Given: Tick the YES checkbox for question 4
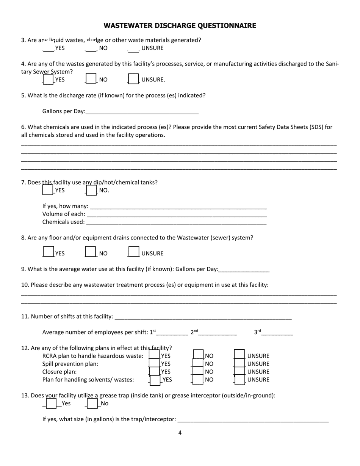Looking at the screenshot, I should click(48, 79).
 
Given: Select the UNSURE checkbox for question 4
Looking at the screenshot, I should click(133, 79).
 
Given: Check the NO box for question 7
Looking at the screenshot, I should click(91, 190).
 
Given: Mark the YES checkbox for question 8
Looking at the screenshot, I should click(48, 252).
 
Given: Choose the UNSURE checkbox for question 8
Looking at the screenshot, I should click(134, 252).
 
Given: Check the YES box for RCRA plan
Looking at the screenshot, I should click(154, 355).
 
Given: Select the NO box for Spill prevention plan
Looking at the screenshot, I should click(198, 363).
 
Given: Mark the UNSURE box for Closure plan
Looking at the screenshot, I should click(239, 371).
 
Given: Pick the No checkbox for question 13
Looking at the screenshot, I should click(92, 403).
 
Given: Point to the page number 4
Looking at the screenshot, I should click(180, 433).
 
